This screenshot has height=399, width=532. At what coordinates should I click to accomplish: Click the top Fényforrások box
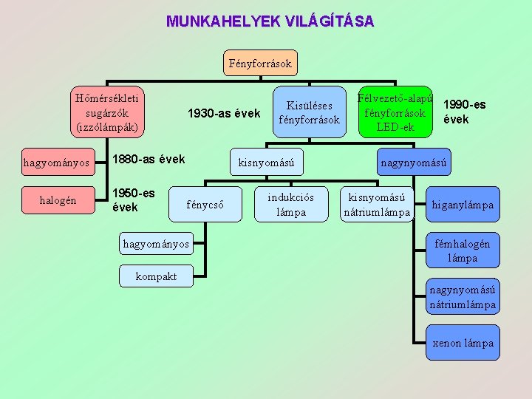point(260,64)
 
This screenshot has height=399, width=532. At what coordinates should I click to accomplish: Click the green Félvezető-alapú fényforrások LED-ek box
point(395,112)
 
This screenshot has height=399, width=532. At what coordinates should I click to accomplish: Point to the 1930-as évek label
point(224,114)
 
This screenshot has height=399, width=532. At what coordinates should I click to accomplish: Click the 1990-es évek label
point(464,112)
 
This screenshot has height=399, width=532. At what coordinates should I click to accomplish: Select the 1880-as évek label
point(148,160)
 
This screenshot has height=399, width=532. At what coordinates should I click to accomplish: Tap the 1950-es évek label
point(133,199)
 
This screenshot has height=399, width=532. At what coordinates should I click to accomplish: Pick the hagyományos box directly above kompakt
point(156,244)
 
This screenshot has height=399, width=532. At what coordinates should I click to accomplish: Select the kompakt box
point(156,276)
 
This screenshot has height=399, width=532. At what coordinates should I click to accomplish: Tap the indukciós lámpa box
point(290,205)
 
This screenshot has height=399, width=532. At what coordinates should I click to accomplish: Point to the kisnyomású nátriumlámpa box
point(376,205)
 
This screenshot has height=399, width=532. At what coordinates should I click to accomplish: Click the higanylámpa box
point(463,205)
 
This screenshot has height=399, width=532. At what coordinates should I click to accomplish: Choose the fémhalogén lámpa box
point(463,251)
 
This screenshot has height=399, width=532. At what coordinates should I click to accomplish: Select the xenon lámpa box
point(463,343)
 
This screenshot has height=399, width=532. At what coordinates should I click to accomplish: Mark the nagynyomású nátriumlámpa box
point(463,297)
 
